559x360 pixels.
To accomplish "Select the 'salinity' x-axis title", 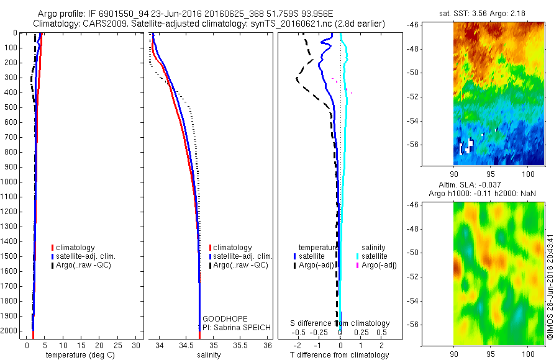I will click(x=209, y=355).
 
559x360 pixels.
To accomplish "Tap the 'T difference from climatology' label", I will click(x=340, y=355).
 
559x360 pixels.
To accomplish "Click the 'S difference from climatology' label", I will click(x=340, y=323).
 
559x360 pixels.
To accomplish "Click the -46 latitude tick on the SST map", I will click(x=412, y=24).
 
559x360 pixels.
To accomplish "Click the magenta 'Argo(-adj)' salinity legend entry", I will click(x=379, y=265).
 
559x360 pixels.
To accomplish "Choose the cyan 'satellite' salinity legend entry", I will click(x=375, y=256).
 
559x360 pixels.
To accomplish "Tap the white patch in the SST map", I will click(x=465, y=146).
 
